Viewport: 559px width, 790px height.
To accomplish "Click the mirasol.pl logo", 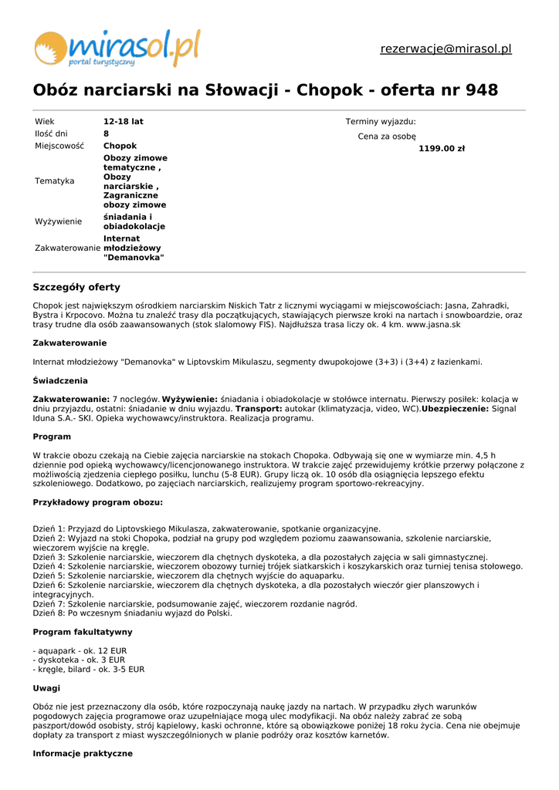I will pyautogui.click(x=116, y=48).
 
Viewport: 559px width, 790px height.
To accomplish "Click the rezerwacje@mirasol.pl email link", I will pyautogui.click(x=446, y=49).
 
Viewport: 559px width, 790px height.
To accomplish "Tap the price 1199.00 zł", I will pyautogui.click(x=441, y=149).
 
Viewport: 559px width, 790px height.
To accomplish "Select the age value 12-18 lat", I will pyautogui.click(x=124, y=122).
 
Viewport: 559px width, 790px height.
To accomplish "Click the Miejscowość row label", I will pyautogui.click(x=58, y=146).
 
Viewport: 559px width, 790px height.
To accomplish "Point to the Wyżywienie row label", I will pyautogui.click(x=58, y=221).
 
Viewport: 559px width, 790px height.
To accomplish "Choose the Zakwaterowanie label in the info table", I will pyautogui.click(x=67, y=248).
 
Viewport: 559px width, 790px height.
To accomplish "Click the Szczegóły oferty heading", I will pyautogui.click(x=76, y=287).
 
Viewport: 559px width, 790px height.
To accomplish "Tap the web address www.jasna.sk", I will pyautogui.click(x=433, y=325).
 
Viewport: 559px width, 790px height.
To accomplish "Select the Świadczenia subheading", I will pyautogui.click(x=60, y=380).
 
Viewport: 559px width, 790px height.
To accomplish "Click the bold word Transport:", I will pyautogui.click(x=259, y=409).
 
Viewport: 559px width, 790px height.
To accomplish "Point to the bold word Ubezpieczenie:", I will pyautogui.click(x=455, y=409).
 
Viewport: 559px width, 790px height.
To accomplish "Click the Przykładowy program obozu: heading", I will pyautogui.click(x=97, y=502).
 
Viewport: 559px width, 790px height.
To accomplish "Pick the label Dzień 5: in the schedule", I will pyautogui.click(x=49, y=576).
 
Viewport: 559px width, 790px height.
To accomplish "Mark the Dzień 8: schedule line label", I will pyautogui.click(x=49, y=613).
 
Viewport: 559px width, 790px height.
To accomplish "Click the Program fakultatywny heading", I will pyautogui.click(x=82, y=632).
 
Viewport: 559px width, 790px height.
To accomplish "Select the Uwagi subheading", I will pyautogui.click(x=46, y=688).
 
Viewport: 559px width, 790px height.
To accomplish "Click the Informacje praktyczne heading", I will pyautogui.click(x=82, y=754).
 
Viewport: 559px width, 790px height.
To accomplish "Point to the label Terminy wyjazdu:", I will pyautogui.click(x=381, y=122).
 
